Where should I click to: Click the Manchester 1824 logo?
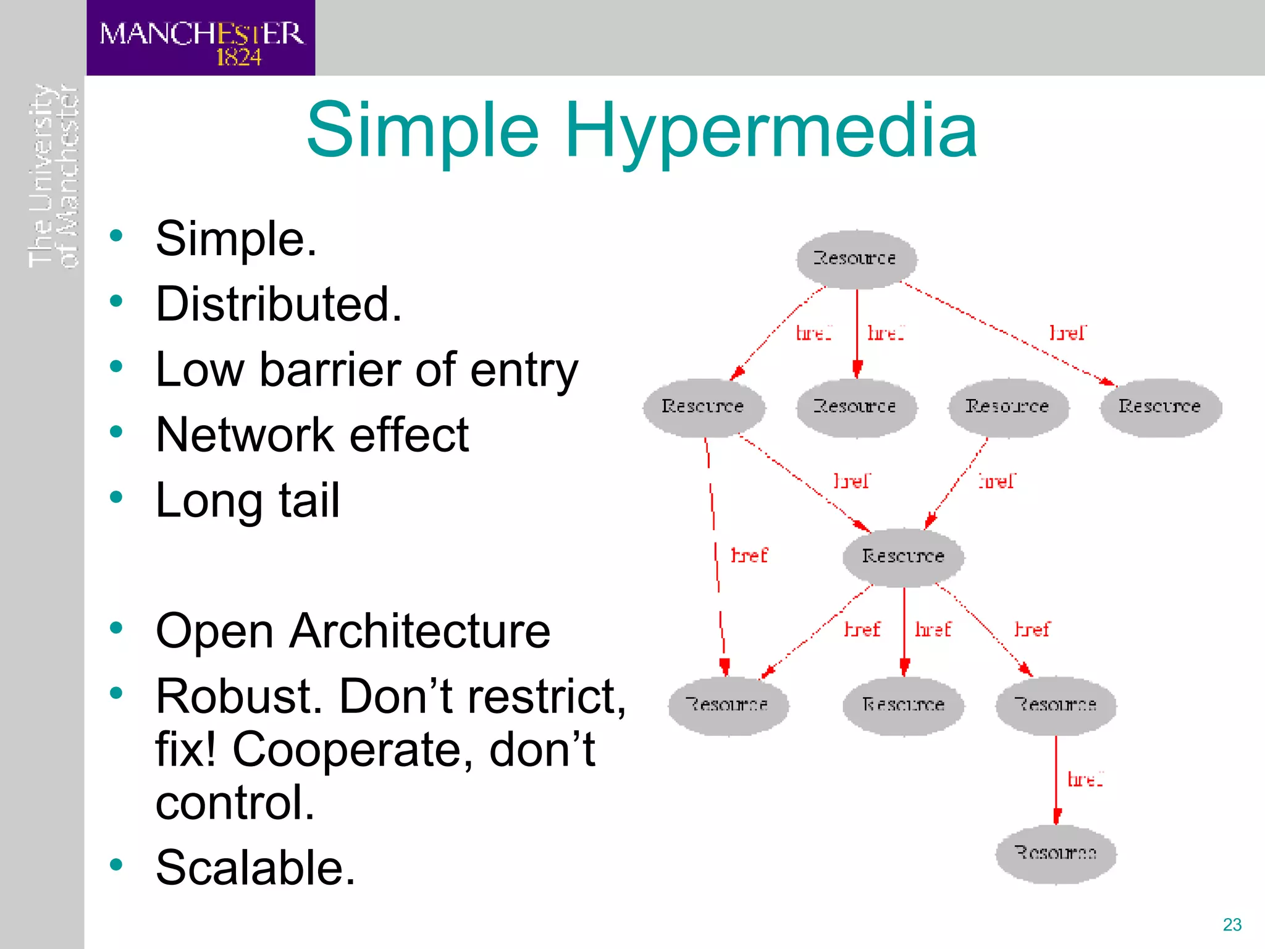coord(201,38)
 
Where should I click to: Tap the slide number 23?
coord(1232,924)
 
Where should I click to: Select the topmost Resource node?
coord(856,259)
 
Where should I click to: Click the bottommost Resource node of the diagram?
coord(1056,853)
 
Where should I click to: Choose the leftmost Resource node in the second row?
coord(704,407)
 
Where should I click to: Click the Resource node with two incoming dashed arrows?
coord(903,557)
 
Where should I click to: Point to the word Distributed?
coord(279,305)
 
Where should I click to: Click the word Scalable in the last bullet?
coord(255,867)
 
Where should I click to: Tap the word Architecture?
coord(419,631)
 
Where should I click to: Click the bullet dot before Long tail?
coord(116,497)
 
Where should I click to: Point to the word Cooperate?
coord(352,749)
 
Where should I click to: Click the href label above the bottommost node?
coord(1085,779)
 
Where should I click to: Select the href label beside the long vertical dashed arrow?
coord(749,555)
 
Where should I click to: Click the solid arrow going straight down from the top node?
coord(857,334)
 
